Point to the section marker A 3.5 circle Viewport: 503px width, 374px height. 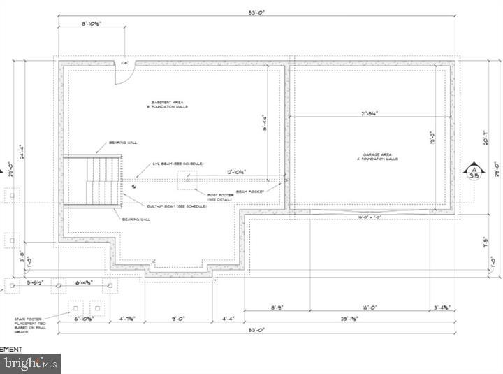(474, 171)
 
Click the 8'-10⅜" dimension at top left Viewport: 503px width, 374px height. (92, 23)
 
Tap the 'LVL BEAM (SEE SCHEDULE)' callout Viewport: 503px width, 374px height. (178, 164)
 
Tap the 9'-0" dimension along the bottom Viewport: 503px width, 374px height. (179, 320)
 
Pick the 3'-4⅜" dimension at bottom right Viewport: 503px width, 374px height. (442, 306)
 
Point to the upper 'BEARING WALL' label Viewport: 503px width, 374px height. (123, 143)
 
